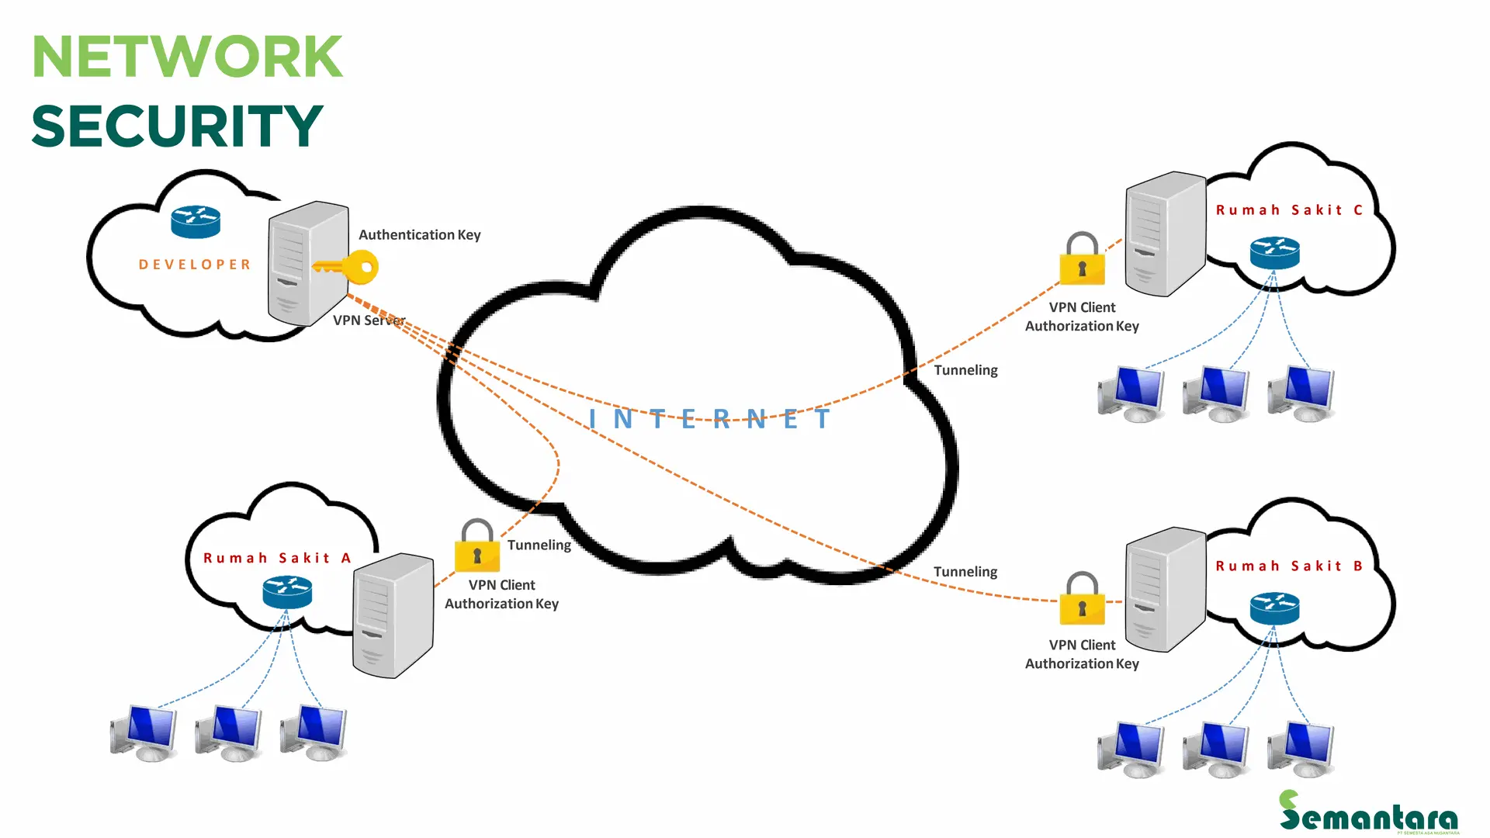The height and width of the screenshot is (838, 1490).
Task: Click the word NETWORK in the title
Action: tap(187, 57)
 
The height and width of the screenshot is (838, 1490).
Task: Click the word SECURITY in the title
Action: tap(177, 126)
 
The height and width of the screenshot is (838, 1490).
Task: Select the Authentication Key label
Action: tap(419, 234)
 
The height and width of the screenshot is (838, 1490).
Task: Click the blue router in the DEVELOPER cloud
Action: tap(196, 222)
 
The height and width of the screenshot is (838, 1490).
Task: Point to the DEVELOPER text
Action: tap(195, 265)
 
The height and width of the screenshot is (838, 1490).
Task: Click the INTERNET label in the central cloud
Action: tap(709, 419)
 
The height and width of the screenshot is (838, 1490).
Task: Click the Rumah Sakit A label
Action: tap(277, 558)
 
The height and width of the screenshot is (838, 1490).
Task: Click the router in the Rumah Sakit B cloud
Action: tap(1274, 608)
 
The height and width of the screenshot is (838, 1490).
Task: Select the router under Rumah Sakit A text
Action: tap(287, 593)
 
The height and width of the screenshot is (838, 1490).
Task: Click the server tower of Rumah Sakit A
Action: tap(392, 615)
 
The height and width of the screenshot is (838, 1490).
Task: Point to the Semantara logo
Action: tap(1368, 813)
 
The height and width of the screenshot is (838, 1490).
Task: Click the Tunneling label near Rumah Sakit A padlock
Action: tap(539, 545)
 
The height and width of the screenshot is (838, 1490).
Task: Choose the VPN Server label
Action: tap(369, 320)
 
